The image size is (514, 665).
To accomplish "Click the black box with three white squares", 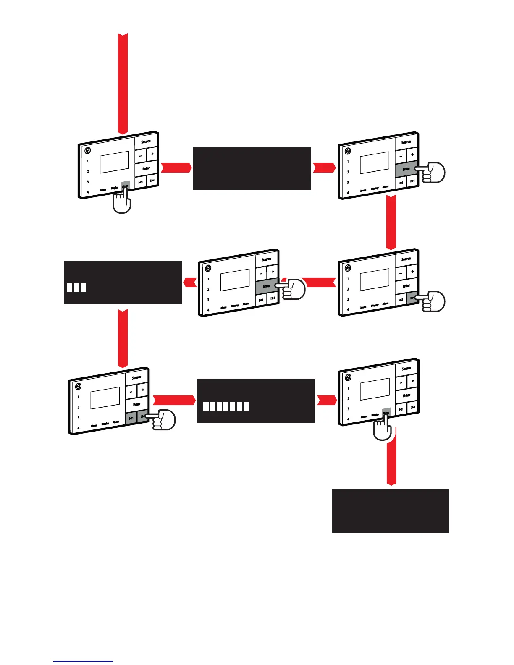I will pos(123,282).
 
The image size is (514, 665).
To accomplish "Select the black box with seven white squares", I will pos(256,401).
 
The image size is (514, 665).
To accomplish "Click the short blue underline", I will pos(83,661).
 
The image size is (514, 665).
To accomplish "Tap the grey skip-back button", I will pos(131,418).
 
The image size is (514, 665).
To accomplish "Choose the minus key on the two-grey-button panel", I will pos(131,391).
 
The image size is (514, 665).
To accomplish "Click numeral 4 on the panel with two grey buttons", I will pos(79,428).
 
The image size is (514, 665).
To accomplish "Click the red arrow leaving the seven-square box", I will pos(326,401).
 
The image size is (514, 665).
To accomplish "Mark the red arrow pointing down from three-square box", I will pos(122,338).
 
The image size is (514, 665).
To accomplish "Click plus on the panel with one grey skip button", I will pos(412,272).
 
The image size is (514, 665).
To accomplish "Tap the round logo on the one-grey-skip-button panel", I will pos(348,268).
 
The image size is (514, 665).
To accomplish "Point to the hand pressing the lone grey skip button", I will pos(433,301).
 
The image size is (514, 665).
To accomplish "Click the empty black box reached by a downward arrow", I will pos(391,511).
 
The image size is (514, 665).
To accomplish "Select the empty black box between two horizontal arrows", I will pos(252,168).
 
